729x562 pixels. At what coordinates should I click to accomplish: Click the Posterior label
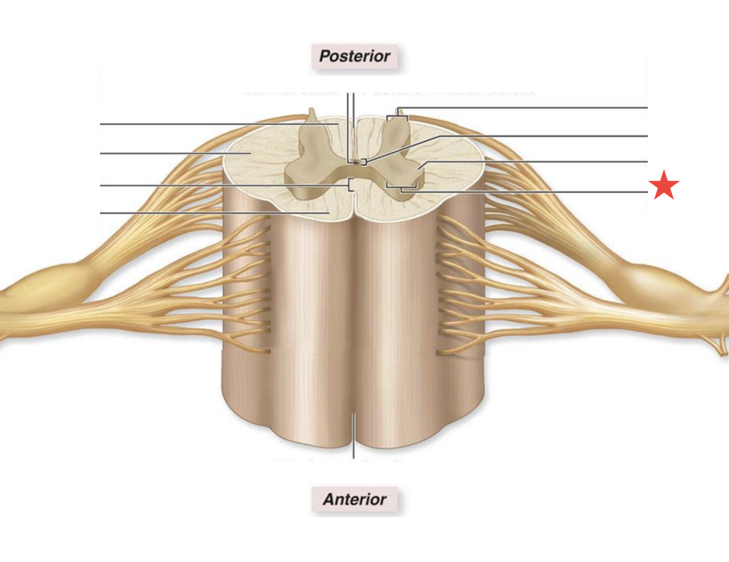354,56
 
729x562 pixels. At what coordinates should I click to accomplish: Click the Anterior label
354,499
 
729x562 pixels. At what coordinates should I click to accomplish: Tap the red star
664,185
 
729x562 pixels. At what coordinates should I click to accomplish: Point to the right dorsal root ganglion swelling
643,279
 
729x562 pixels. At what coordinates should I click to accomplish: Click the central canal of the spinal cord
354,161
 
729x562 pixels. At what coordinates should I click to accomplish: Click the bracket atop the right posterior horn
397,117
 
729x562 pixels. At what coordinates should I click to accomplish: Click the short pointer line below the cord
354,437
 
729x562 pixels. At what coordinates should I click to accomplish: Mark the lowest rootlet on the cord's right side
450,352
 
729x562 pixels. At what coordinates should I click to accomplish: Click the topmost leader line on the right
536,108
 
